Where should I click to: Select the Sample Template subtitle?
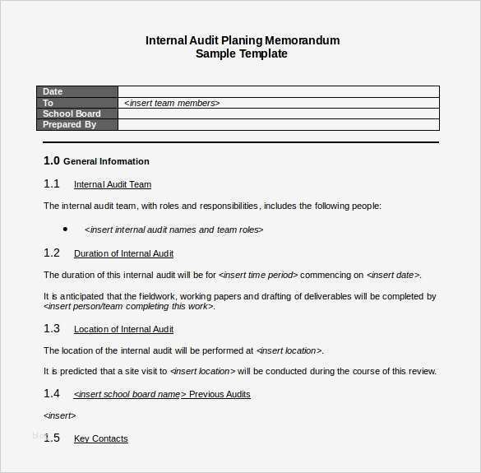click(x=242, y=54)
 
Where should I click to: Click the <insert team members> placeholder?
click(x=172, y=103)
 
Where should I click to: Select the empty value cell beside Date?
click(x=278, y=92)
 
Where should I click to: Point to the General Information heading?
click(x=106, y=161)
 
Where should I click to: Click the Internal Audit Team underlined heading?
click(x=113, y=184)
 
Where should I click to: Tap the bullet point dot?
click(x=65, y=230)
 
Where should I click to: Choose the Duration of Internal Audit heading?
click(x=123, y=253)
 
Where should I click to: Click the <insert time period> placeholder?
click(x=260, y=275)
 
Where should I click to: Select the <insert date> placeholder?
click(x=393, y=275)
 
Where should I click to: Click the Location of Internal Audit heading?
click(x=123, y=329)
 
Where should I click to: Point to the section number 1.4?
click(x=52, y=393)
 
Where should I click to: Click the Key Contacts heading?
click(x=100, y=438)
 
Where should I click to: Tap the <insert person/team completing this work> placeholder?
click(x=128, y=306)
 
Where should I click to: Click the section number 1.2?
click(x=52, y=253)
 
